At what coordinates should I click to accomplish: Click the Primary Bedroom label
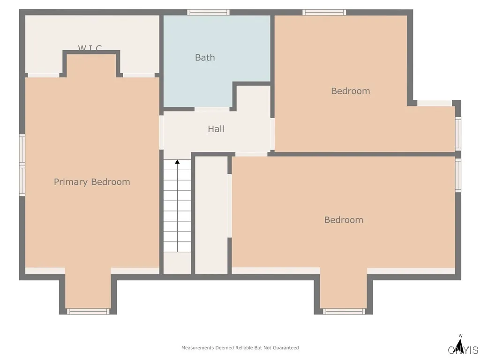92,182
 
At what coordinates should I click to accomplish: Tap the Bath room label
205,58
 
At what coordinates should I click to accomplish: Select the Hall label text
216,128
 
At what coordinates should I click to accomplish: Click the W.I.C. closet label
90,48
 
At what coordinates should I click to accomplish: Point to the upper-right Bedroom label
350,91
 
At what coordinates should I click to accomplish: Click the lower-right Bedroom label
344,220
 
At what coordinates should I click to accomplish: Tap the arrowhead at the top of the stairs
177,162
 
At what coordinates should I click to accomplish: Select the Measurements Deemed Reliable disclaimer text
240,348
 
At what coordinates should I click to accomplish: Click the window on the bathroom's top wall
208,12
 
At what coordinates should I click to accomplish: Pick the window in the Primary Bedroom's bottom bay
88,311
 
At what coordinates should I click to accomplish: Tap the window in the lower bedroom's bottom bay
344,311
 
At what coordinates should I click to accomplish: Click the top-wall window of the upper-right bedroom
324,12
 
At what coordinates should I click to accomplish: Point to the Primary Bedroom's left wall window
22,165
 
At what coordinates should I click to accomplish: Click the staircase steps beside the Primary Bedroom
177,206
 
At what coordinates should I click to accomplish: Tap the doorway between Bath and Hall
212,109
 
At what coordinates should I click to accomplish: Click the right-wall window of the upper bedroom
458,134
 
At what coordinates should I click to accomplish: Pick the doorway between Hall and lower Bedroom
251,154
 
